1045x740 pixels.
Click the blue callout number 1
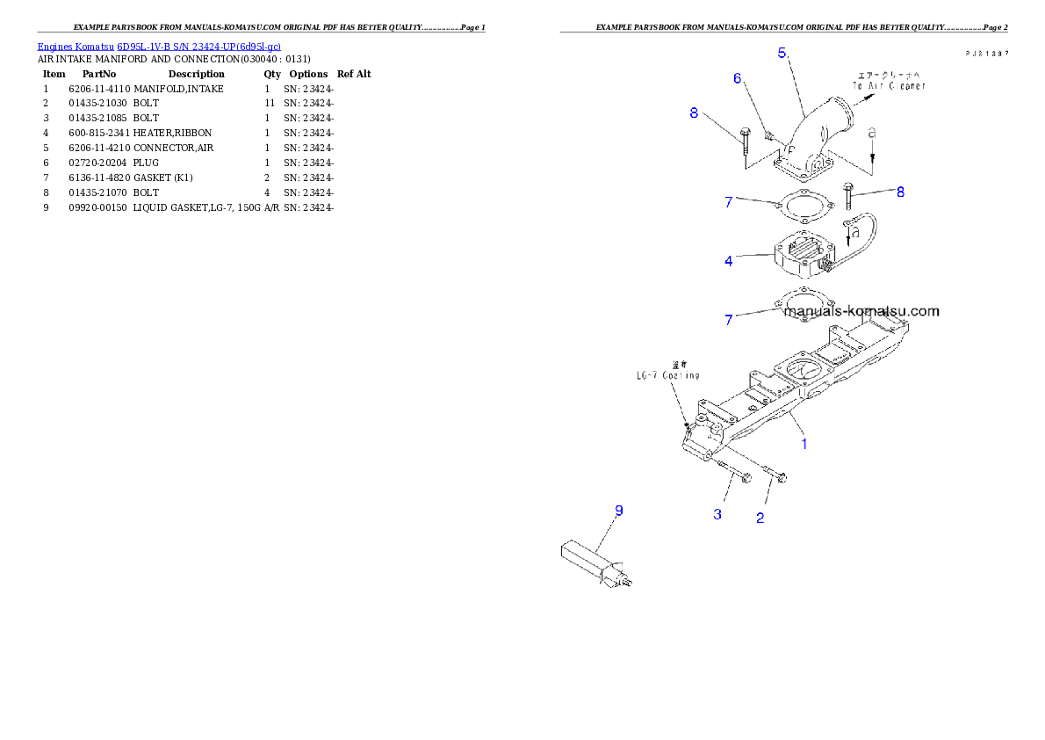(804, 444)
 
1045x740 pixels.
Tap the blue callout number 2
(760, 518)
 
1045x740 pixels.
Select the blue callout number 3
(717, 514)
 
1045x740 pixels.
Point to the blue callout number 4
(729, 260)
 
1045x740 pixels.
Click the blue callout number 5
(782, 52)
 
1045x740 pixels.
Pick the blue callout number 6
(739, 78)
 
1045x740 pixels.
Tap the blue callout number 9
(618, 510)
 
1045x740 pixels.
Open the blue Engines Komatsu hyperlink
(159, 46)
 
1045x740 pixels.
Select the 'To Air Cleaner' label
(890, 85)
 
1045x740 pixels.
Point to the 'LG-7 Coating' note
(668, 375)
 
